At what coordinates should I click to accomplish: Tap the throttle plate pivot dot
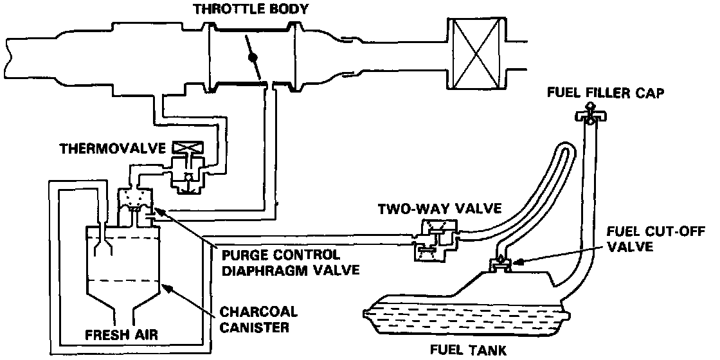pyautogui.click(x=252, y=58)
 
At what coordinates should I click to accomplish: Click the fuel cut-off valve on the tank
pyautogui.click(x=499, y=264)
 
